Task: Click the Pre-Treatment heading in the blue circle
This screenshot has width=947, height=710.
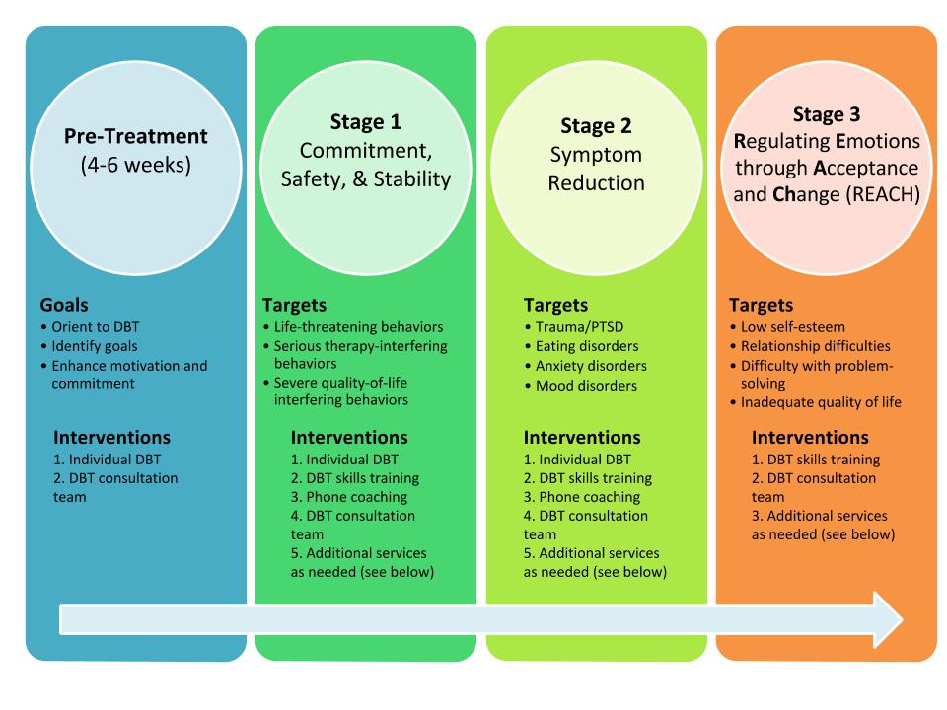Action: tap(136, 136)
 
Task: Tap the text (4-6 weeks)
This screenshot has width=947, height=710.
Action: tap(136, 165)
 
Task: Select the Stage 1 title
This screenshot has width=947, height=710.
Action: tap(365, 122)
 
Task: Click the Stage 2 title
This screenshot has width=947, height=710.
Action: tap(596, 126)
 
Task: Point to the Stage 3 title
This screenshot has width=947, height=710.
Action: tap(827, 114)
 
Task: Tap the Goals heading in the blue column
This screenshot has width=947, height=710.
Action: tap(64, 305)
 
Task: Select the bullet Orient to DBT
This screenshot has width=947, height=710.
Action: tap(90, 327)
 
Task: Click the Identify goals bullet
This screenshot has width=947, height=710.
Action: tap(89, 346)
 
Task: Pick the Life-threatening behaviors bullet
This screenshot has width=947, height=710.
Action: tap(353, 327)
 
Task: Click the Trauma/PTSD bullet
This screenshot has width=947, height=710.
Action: tap(574, 327)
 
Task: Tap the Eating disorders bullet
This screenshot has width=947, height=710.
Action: tap(582, 346)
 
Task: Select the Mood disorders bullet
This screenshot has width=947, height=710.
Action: tap(581, 386)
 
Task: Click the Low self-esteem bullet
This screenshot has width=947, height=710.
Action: tap(787, 327)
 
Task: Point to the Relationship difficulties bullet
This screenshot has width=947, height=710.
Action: tap(810, 346)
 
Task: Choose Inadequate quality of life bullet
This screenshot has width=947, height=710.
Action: tap(816, 402)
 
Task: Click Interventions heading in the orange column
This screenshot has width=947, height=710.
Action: tap(810, 437)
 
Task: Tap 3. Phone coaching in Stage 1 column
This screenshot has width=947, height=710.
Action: tap(349, 497)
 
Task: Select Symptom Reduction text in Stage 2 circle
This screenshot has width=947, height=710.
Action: tap(596, 169)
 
